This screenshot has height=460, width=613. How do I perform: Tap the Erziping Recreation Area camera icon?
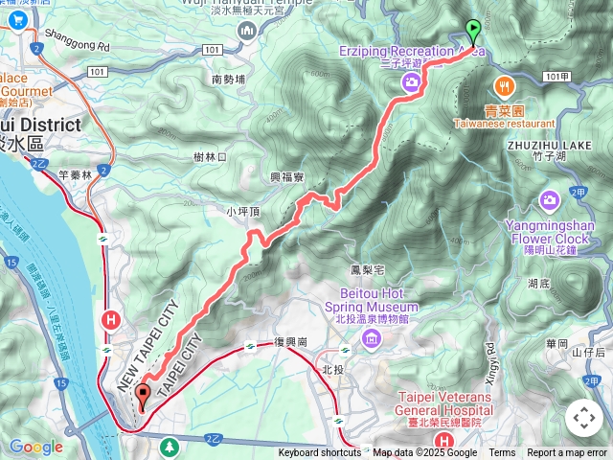(411, 83)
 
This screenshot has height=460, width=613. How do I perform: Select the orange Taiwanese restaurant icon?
(505, 83)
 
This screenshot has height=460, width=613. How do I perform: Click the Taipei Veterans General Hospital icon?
(443, 439)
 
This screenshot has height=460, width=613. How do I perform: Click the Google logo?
(35, 447)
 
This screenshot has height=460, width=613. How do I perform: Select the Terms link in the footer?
(502, 453)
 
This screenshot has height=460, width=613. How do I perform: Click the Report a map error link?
(567, 453)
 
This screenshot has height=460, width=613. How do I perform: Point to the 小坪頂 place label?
(243, 211)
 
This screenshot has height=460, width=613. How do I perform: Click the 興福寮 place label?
(287, 177)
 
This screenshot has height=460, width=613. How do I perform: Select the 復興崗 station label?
(289, 342)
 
